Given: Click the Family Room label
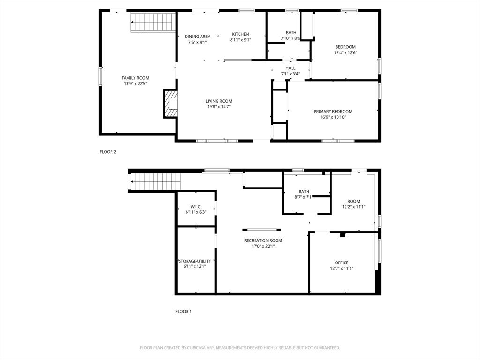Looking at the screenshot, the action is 135,78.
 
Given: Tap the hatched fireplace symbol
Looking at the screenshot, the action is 171,104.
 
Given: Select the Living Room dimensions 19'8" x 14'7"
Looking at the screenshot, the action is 218,107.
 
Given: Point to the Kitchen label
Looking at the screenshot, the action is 240,34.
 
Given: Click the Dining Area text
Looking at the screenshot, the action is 197,37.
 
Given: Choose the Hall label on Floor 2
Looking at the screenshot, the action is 291,68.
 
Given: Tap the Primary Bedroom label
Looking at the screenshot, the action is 333,112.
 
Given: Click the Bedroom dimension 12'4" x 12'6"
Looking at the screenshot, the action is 345,52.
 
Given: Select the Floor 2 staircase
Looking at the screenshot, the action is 153,22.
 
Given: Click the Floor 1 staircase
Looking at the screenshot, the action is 156,182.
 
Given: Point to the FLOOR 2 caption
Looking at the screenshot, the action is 108,152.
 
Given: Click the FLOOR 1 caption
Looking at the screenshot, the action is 183,312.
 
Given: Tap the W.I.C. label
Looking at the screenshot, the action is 196,207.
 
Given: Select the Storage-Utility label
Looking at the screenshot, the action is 195,261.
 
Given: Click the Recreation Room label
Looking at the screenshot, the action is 263,240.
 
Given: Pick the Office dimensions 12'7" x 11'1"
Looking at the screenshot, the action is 342,269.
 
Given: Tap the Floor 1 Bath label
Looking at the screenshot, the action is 304,192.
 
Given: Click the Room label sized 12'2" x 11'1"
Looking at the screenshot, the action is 353,201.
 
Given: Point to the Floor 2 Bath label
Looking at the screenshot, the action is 291,33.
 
